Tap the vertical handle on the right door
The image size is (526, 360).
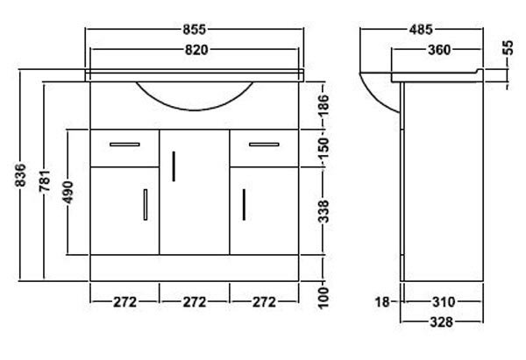pyautogui.click(x=244, y=206)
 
